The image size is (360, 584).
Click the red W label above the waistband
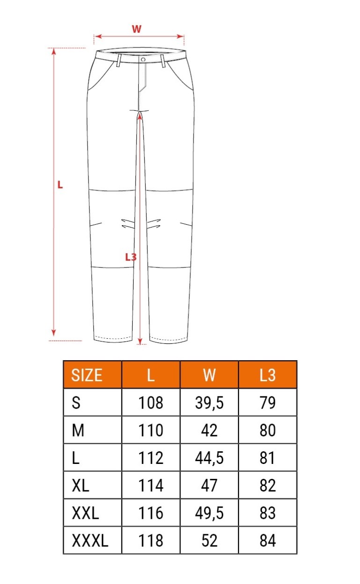click(136, 29)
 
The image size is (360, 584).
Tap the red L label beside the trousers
click(60, 185)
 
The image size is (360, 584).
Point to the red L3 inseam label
click(131, 257)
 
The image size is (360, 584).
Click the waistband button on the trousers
click(143, 60)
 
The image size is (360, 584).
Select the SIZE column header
click(87, 375)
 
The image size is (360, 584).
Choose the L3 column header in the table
click(268, 375)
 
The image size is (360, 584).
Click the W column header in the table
click(209, 375)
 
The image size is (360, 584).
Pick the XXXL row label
click(90, 540)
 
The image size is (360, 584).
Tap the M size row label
click(78, 430)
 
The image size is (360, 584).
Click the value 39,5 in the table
click(209, 402)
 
